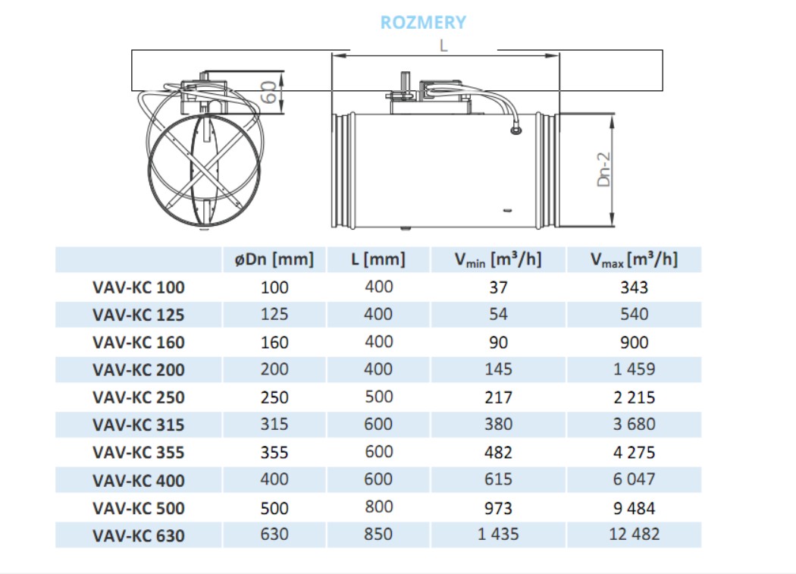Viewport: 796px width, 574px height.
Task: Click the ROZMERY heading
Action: [x=423, y=22]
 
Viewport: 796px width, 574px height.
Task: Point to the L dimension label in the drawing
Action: [x=443, y=45]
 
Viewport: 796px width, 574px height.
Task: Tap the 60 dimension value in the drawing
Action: [x=268, y=93]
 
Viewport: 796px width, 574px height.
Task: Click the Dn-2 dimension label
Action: [x=604, y=168]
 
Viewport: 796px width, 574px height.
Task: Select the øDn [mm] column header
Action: [x=274, y=259]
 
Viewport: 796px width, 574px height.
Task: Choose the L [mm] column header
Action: [x=378, y=259]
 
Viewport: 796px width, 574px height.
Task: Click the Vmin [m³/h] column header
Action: [x=498, y=259]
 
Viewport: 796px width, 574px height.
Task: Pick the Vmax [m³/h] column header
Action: [x=634, y=259]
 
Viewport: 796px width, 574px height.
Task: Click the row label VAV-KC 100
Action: [x=139, y=287]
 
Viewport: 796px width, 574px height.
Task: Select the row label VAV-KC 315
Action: [x=139, y=425]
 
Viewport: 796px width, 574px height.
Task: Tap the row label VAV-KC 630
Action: [x=139, y=535]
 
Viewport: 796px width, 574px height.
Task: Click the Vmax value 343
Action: [x=634, y=287]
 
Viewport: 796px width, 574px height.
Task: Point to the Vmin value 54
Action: [x=498, y=314]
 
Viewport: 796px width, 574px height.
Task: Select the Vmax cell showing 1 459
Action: [x=634, y=369]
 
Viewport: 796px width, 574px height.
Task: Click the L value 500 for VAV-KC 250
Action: [x=378, y=397]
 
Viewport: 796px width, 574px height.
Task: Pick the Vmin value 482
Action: [x=498, y=453]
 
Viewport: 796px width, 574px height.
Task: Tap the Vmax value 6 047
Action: [x=634, y=479]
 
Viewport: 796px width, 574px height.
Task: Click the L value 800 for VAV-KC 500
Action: [x=378, y=507]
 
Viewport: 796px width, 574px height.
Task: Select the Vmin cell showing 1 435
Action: [x=498, y=535]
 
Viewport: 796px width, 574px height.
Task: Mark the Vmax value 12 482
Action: [x=634, y=535]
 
